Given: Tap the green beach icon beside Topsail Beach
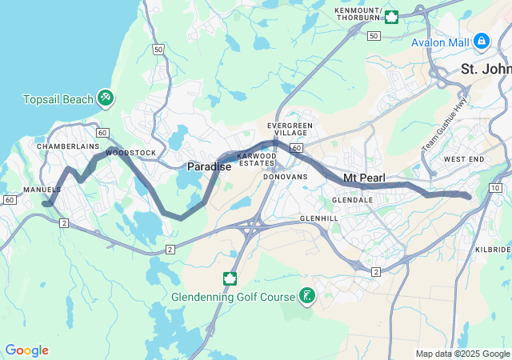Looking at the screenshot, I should [x=105, y=98].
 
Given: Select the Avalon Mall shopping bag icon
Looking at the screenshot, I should [x=481, y=40].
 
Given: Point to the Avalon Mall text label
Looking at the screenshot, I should [x=439, y=42].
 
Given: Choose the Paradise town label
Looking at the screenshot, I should [x=209, y=166].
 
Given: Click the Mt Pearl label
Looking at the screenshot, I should [x=365, y=177].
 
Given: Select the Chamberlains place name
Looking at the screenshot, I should [x=67, y=146].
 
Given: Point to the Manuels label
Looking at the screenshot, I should [x=42, y=190].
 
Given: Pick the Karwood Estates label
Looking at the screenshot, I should [x=255, y=159].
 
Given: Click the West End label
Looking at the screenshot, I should [x=464, y=159].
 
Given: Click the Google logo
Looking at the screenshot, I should [x=26, y=350].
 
